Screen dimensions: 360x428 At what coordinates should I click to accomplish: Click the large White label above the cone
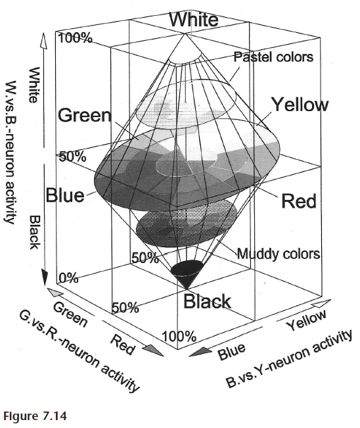194,19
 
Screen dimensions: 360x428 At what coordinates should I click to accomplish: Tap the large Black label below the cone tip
207,302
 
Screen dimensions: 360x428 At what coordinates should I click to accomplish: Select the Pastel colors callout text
273,57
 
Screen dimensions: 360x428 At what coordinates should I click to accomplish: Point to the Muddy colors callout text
279,254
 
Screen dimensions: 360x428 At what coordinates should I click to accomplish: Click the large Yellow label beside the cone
300,105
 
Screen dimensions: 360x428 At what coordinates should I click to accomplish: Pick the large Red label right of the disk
299,201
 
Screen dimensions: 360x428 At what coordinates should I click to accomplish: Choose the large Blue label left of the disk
65,195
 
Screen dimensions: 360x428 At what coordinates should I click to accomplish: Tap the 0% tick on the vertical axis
68,278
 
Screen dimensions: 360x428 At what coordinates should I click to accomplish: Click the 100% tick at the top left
76,37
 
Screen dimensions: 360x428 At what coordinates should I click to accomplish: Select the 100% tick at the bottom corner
179,336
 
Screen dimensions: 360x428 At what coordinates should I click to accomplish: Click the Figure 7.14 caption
35,416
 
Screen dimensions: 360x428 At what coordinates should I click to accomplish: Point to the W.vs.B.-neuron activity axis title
10,152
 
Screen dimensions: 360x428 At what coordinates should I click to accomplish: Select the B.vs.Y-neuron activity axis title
289,359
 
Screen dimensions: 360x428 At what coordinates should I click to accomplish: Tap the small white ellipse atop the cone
185,58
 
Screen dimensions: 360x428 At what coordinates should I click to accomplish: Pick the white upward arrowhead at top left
43,41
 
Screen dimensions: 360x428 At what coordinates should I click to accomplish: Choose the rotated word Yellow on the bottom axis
305,320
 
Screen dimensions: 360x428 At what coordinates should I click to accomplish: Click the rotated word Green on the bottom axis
70,314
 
